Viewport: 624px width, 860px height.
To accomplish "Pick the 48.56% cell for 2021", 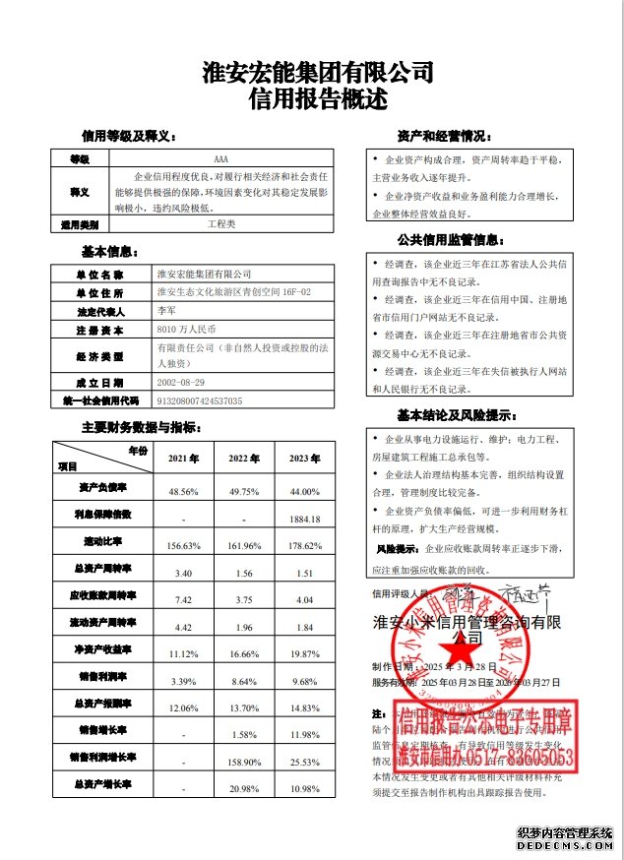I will [x=184, y=490].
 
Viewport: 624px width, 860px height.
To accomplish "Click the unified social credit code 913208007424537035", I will [x=200, y=400].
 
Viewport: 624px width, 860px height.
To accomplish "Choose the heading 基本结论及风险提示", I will [x=449, y=414].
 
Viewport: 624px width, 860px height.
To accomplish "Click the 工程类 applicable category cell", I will [x=220, y=224].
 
